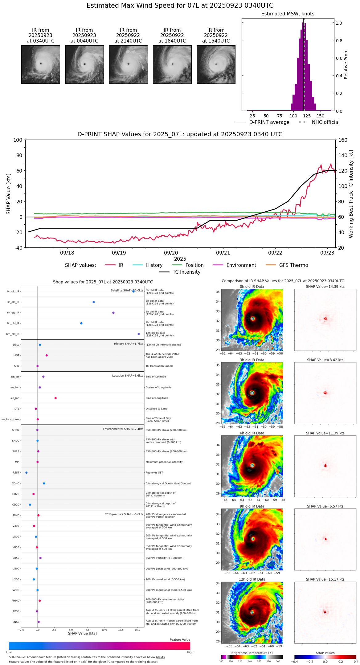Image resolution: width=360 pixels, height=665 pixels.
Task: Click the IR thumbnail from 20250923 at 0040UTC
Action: (84, 64)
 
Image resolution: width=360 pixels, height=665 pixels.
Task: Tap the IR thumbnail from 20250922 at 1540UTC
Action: (216, 64)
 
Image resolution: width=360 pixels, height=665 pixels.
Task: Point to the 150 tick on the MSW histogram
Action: (321, 116)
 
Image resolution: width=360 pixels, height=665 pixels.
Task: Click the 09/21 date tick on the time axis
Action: (223, 253)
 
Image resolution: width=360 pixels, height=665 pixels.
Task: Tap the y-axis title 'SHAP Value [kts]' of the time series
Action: (9, 194)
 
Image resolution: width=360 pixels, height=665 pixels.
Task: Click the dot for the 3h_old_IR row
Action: (94, 302)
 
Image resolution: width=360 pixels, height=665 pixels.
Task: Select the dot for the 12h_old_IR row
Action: (139, 334)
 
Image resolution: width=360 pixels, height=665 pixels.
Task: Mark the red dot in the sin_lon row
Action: (55, 398)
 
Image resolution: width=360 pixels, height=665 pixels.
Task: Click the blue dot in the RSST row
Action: (27, 473)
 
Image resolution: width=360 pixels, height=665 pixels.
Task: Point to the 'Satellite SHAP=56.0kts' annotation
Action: (127, 290)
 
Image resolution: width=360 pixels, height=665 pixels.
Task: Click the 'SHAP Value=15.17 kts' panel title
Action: (325, 579)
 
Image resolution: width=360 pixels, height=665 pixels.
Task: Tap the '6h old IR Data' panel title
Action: (252, 433)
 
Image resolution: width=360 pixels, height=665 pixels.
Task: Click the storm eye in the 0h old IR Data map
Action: (253, 319)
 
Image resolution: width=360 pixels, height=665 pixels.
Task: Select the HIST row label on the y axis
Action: (16, 355)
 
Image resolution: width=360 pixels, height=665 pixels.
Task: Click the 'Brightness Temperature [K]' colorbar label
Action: (252, 653)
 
